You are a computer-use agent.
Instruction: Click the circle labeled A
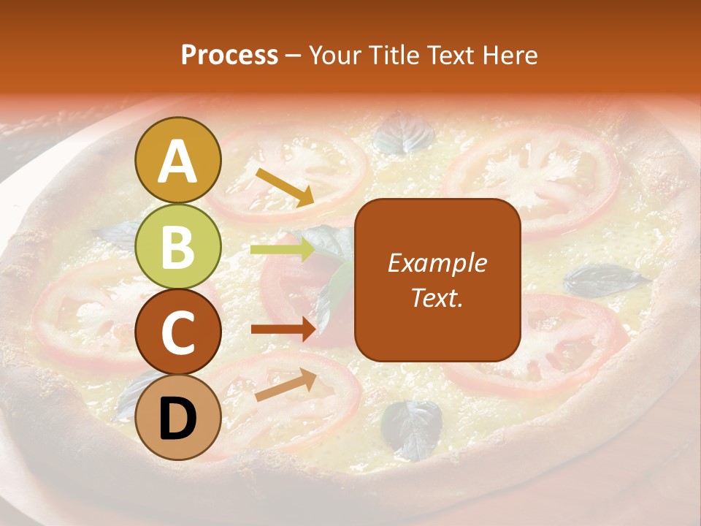pos(178,160)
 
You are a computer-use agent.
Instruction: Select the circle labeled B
pos(178,246)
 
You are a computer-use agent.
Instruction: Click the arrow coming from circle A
pos(285,186)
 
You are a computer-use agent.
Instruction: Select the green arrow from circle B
pos(283,250)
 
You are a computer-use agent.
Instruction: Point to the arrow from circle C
pos(283,329)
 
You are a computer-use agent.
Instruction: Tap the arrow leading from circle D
pos(286,385)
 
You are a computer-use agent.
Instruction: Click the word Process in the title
pos(229,56)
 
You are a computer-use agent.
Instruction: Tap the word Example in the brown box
pos(437,263)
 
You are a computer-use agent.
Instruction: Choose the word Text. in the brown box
pos(437,297)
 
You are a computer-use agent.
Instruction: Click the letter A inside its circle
pos(178,161)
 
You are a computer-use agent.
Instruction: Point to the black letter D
pos(178,419)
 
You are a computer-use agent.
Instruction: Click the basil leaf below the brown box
pos(412,427)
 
